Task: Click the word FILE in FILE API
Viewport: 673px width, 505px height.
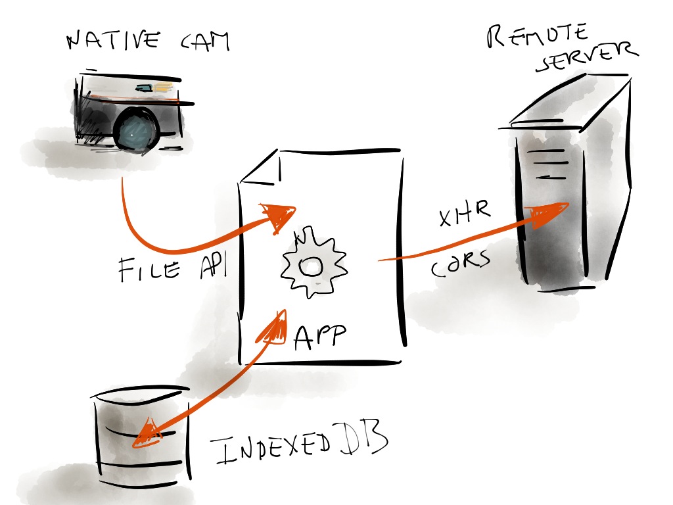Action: pos(149,268)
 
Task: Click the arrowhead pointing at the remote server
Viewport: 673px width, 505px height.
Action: pos(549,214)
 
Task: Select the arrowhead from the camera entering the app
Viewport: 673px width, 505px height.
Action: pos(279,214)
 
